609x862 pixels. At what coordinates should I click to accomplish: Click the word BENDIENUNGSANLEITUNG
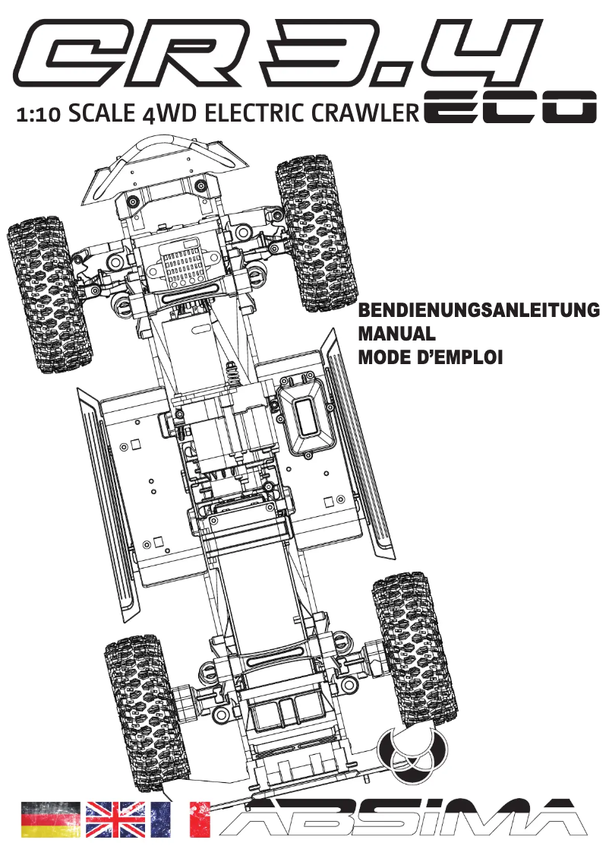pyautogui.click(x=478, y=311)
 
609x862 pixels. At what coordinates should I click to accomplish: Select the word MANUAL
pyautogui.click(x=396, y=334)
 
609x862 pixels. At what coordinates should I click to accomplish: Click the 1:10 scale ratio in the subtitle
pyautogui.click(x=38, y=116)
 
